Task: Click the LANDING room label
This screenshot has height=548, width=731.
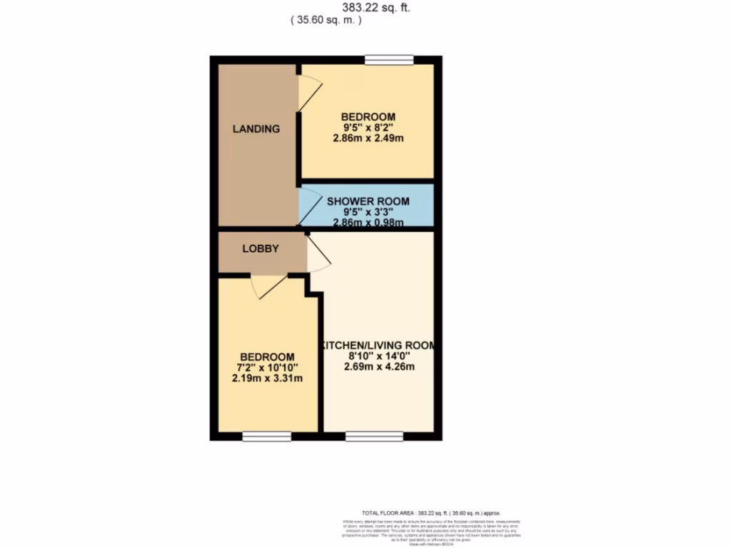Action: click(256, 129)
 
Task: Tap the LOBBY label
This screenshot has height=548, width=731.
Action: click(260, 249)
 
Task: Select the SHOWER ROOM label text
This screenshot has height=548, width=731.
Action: click(368, 201)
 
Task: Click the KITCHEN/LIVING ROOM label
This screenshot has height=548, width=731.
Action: click(376, 345)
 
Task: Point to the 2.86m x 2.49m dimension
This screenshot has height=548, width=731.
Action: click(368, 138)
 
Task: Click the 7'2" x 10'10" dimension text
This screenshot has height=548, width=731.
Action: click(267, 367)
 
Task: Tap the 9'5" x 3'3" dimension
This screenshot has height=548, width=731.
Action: click(368, 212)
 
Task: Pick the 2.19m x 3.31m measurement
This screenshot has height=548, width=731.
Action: click(267, 378)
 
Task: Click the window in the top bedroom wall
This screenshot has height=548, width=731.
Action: click(389, 60)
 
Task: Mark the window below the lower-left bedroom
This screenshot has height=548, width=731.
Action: click(266, 436)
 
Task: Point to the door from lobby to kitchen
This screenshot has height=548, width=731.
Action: click(319, 255)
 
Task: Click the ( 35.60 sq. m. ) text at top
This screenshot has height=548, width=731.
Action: click(326, 21)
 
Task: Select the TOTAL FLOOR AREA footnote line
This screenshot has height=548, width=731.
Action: click(431, 513)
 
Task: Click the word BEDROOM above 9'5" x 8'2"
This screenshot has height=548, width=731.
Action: click(368, 117)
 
